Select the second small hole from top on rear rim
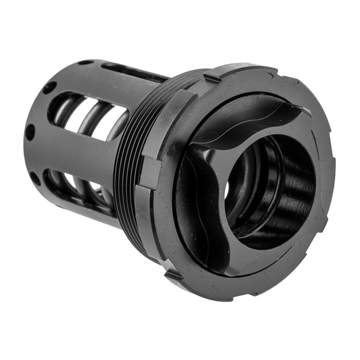pos(50,87)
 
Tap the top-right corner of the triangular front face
pos(303,113)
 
